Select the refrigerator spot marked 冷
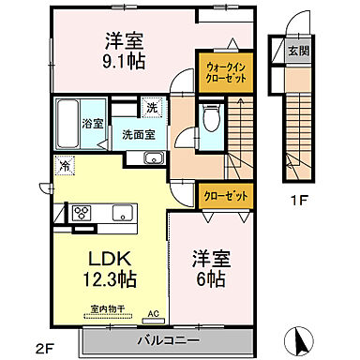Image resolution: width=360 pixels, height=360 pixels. [64, 166]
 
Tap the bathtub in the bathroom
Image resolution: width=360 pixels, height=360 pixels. [66, 123]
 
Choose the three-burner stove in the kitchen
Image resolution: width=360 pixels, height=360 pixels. [81, 211]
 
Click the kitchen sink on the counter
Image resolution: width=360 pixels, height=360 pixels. [123, 213]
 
